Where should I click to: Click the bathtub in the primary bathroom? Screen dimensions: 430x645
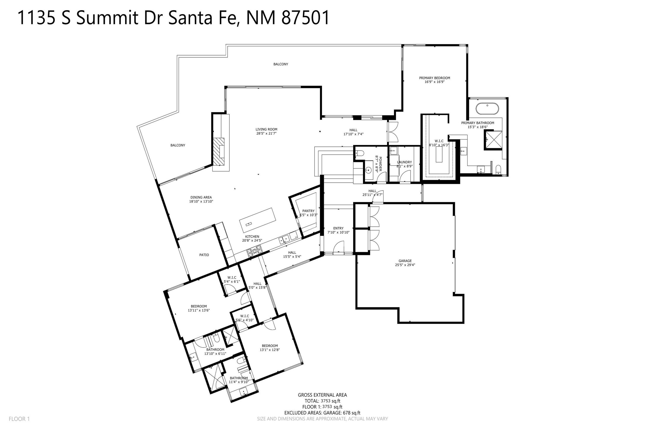(487, 109)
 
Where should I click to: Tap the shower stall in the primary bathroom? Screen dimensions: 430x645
(493, 140)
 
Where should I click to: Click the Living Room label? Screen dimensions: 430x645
(266, 129)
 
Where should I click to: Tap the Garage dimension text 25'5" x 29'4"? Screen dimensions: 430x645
(405, 265)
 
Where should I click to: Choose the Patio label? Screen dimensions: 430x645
(204, 255)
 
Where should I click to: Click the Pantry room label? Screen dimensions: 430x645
(308, 211)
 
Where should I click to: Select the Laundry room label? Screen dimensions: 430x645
(404, 162)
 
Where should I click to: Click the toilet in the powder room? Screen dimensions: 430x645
(359, 153)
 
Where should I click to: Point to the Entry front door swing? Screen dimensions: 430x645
(338, 248)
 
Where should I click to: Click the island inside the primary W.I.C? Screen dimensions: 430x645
(439, 154)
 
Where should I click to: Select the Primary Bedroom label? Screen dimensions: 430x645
(434, 78)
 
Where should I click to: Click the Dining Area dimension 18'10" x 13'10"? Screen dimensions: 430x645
(201, 201)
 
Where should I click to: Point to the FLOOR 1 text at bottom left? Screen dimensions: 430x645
(19, 419)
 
